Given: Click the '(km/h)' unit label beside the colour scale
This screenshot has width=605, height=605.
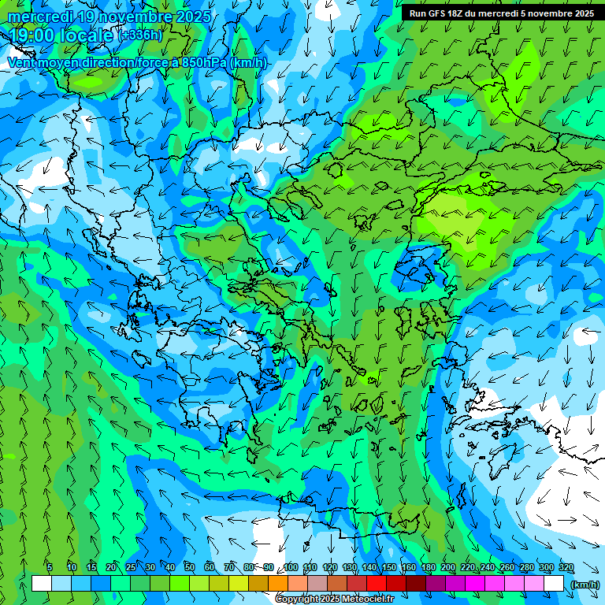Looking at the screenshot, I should [x=585, y=584].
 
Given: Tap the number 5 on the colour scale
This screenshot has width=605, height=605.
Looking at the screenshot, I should [x=50, y=567].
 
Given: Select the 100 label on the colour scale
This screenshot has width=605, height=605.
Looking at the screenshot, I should [x=291, y=567].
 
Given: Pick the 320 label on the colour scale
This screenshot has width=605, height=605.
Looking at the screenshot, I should [x=566, y=567].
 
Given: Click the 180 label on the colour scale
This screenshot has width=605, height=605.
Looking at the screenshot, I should [x=428, y=567].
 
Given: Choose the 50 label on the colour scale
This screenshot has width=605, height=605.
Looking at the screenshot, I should [x=190, y=567].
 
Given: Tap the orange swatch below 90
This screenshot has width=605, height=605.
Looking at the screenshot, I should [x=278, y=584].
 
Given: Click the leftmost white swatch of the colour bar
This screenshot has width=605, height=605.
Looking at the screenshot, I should [x=42, y=584].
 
